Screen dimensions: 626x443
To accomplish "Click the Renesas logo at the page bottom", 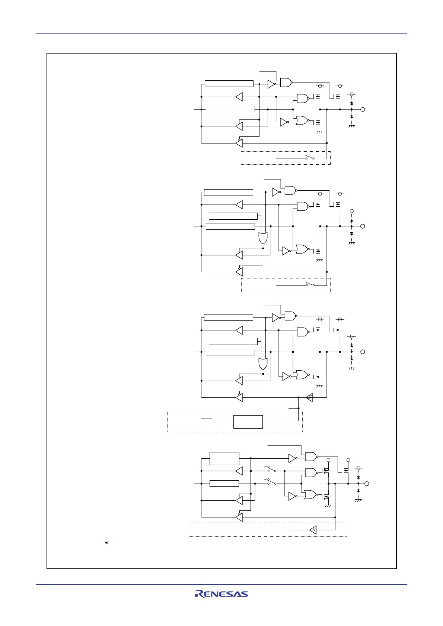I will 221,594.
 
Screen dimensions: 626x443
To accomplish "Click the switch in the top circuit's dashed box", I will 310,157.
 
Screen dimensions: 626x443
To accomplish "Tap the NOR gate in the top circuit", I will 302,120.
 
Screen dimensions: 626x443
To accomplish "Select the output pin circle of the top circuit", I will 363,109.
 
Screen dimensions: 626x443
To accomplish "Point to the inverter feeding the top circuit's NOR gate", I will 284,122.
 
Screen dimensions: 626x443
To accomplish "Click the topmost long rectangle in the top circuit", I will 229,83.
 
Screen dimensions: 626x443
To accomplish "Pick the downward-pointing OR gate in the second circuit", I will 263,238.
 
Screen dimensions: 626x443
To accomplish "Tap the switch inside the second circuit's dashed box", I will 310,284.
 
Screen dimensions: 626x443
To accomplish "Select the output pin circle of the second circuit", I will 363,226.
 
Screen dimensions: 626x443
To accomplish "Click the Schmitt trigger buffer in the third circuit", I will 309,398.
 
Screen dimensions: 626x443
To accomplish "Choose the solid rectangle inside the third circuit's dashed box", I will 248,422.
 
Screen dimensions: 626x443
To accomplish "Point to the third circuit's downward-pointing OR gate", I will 263,364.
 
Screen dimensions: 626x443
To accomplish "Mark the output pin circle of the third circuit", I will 363,352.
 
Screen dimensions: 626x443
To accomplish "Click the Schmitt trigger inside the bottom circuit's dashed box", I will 313,529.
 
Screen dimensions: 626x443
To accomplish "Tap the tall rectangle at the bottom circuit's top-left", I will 224,458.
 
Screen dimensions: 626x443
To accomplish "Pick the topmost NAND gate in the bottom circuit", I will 310,456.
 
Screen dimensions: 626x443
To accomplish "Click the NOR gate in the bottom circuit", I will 310,494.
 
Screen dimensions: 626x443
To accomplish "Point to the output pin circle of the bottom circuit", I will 367,484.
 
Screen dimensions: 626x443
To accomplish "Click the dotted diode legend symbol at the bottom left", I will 106,543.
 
